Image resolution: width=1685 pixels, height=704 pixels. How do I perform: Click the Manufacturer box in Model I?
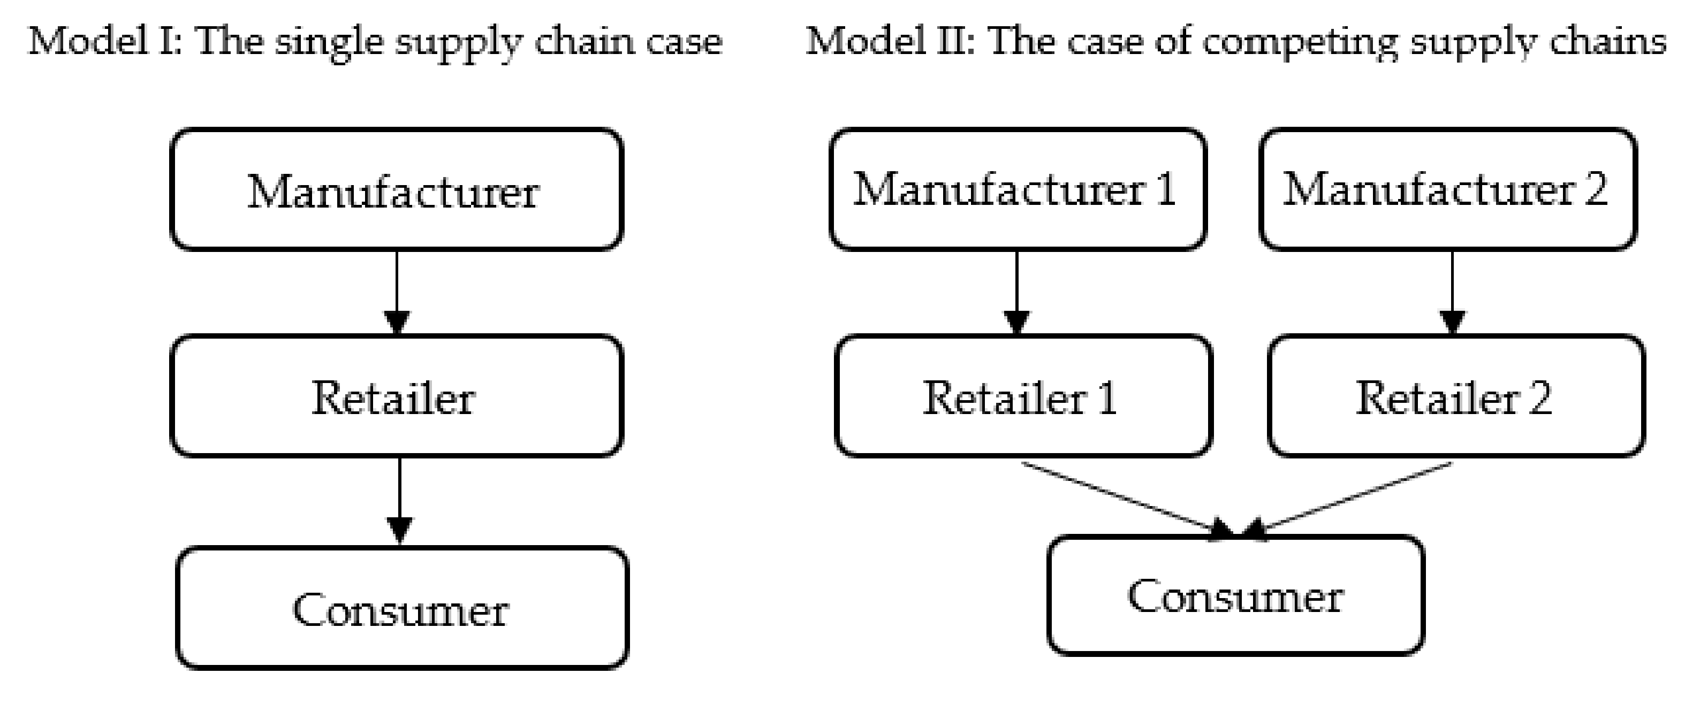pyautogui.click(x=396, y=189)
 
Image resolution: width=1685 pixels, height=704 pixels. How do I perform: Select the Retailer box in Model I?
pyautogui.click(x=396, y=396)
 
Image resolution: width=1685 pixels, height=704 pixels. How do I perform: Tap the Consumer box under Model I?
pyautogui.click(x=401, y=608)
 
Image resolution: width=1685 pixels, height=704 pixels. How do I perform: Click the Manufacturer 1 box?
pyautogui.click(x=1017, y=189)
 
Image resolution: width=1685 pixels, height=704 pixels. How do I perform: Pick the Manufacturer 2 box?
pyautogui.click(x=1447, y=189)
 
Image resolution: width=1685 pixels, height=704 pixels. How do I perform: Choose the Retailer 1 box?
pyautogui.click(x=1023, y=396)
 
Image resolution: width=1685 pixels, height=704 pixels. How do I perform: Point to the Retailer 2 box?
pyautogui.click(x=1455, y=396)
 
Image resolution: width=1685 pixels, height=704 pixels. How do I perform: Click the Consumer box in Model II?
pyautogui.click(x=1235, y=595)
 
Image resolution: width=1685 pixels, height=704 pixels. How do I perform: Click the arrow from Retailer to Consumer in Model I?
pyautogui.click(x=399, y=500)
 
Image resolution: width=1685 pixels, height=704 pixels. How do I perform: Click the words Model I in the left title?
pyautogui.click(x=105, y=41)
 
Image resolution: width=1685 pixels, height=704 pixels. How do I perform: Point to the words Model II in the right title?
pyautogui.click(x=890, y=41)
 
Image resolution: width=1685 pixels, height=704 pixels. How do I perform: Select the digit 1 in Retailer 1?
pyautogui.click(x=1107, y=397)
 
